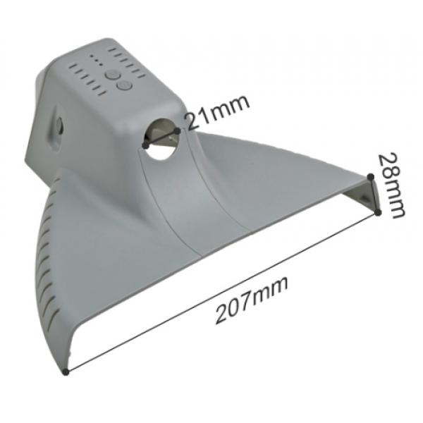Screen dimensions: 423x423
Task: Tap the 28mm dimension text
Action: coord(391,185)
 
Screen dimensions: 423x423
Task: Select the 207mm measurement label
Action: coord(252,300)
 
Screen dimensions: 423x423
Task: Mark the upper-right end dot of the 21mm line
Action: coord(177,131)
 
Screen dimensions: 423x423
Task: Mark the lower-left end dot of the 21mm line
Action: coord(145,146)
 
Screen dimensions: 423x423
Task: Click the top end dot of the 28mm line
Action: coord(372,177)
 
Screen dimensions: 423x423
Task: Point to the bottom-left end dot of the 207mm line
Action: coord(66,372)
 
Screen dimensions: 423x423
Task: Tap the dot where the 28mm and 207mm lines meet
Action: coord(378,213)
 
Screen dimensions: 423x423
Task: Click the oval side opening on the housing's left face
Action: coord(57,125)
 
